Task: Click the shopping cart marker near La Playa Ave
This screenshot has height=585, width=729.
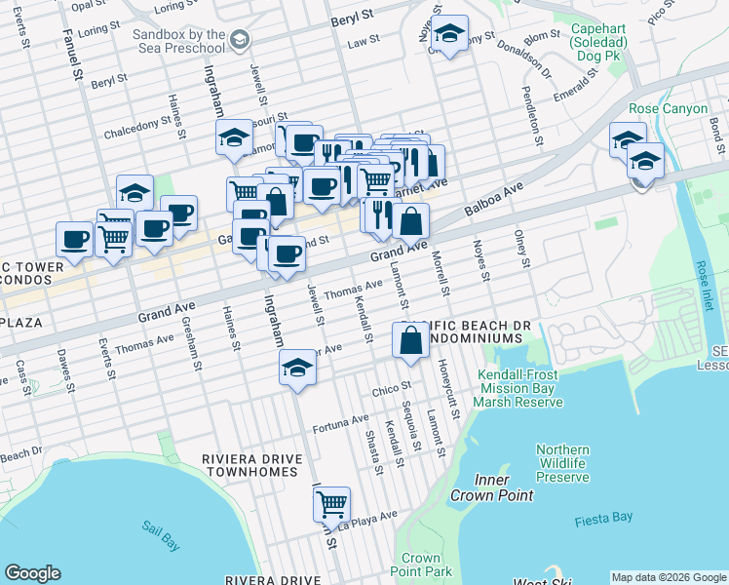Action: click(332, 504)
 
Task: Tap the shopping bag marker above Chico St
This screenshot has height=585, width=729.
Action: click(410, 340)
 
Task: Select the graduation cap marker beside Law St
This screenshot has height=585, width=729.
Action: click(449, 33)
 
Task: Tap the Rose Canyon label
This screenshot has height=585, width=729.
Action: click(668, 108)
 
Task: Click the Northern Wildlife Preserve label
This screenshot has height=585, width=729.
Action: click(562, 463)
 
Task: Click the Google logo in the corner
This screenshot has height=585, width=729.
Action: click(32, 573)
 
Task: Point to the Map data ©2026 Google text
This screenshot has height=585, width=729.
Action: click(668, 577)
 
